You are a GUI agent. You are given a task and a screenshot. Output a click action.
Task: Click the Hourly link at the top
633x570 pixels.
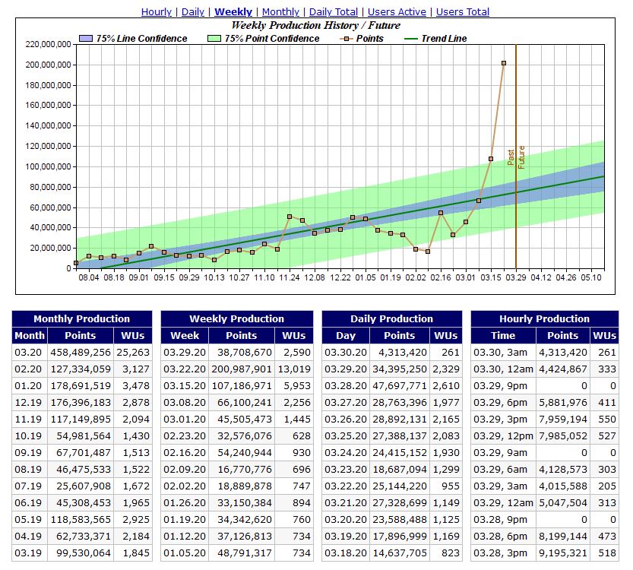(x=157, y=12)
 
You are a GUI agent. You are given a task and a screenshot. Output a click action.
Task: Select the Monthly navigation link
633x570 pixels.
(x=280, y=12)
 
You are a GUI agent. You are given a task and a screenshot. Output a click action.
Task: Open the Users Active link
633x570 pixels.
(x=396, y=12)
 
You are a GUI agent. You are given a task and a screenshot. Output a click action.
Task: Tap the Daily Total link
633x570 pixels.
(x=334, y=12)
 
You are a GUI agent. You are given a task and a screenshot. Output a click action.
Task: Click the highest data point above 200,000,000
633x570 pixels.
(x=504, y=63)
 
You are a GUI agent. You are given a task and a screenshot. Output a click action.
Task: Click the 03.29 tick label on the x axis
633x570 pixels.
(x=516, y=278)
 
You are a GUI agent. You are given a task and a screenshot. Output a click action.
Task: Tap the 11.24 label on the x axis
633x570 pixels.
(x=290, y=278)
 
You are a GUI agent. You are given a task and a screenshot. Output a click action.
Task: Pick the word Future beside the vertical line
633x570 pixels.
(x=521, y=157)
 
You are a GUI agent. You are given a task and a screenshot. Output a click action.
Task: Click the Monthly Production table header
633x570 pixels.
(x=82, y=319)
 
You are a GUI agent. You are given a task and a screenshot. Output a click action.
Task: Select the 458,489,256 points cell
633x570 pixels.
(x=81, y=353)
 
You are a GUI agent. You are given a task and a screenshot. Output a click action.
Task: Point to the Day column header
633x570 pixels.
(x=346, y=336)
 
